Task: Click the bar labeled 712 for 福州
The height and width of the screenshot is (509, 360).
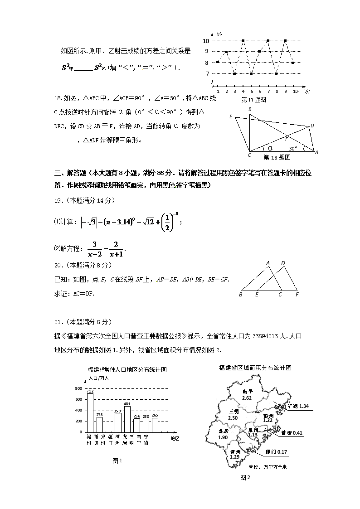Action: click(90, 412)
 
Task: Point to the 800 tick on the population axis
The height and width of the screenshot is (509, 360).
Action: click(78, 389)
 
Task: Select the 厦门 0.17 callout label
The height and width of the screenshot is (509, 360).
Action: click(276, 452)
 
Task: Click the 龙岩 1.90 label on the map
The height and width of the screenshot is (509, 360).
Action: click(223, 434)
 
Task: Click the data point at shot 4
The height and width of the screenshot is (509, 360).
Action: click(243, 41)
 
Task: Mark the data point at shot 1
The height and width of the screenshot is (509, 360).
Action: click(218, 62)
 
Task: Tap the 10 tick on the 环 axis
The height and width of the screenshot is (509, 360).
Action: click(206, 41)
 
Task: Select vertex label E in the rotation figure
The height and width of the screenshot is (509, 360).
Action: click(231, 117)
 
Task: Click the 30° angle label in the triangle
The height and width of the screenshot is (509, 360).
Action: click(293, 148)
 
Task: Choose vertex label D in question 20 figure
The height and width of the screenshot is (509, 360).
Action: click(283, 263)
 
